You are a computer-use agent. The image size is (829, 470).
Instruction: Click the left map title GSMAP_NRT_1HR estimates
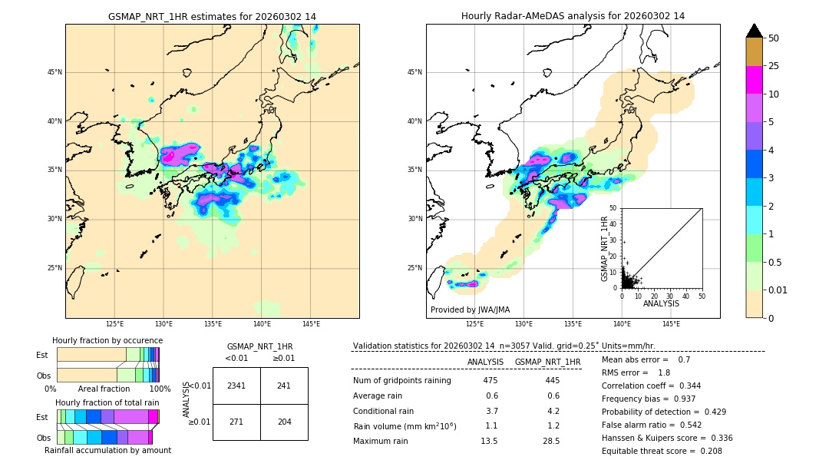coord(212,16)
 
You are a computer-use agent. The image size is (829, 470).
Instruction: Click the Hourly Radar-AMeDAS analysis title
coord(573,16)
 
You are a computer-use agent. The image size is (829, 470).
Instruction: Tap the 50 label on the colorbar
coord(774,38)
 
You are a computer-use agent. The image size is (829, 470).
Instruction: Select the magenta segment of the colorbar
coord(754,80)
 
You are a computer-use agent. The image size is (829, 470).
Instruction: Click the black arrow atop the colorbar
coord(754,31)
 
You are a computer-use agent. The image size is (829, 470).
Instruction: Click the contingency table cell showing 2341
coord(236,386)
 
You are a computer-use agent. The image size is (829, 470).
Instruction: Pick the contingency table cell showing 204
coord(284,422)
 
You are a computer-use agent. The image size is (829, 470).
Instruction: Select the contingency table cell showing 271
coord(236,422)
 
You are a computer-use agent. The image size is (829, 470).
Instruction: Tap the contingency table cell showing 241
coord(284,386)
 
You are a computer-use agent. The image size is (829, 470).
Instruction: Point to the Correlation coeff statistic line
coord(651,386)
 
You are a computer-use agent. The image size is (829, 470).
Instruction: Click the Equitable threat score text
coord(662,451)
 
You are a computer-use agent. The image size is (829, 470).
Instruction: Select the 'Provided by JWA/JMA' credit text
coord(470,309)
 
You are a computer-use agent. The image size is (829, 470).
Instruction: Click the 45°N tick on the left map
coord(54,72)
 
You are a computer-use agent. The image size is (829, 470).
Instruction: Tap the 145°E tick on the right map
coord(671,324)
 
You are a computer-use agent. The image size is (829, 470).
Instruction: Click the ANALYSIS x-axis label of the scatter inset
coord(661,303)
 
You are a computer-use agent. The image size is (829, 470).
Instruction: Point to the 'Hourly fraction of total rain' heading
coord(107,402)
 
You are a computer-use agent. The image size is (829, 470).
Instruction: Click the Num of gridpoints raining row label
coord(402,380)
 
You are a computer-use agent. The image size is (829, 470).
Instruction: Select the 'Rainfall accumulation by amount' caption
coord(107,450)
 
